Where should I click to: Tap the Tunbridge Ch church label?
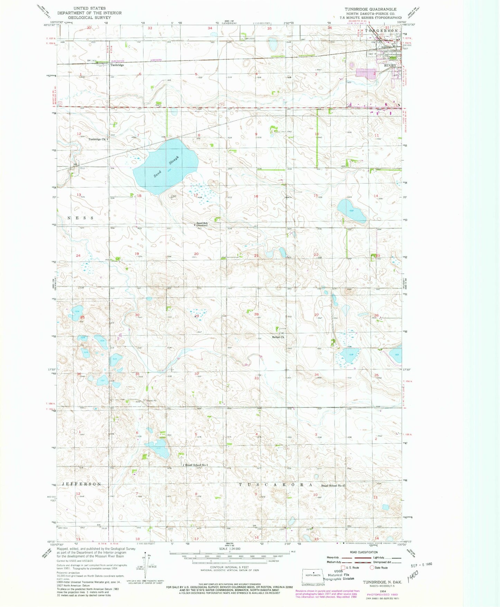97,139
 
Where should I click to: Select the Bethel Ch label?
278,337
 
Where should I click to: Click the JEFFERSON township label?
81,484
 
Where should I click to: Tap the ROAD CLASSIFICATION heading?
364,552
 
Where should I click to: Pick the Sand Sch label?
202,223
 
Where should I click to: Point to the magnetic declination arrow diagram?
146,563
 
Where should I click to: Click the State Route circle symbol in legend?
372,568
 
